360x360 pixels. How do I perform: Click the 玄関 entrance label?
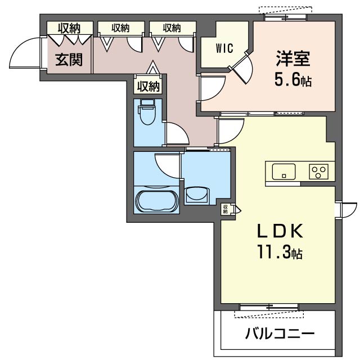69,60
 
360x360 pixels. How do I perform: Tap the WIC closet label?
224,48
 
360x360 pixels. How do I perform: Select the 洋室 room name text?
293,58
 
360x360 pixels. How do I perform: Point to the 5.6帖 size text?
293,80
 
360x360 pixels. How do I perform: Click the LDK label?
280,231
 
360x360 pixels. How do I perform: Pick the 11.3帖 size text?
280,252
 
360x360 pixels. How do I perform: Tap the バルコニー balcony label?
280,334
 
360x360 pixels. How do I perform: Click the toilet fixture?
147,112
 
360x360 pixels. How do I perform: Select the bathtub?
157,200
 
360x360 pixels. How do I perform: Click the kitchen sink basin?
283,172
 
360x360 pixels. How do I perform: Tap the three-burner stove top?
319,172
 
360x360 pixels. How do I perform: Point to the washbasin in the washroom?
197,195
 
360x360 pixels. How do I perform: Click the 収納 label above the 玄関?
69,29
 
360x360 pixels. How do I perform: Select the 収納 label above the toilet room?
148,87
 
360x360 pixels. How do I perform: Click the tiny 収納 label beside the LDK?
225,209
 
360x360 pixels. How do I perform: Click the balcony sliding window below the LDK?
269,307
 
